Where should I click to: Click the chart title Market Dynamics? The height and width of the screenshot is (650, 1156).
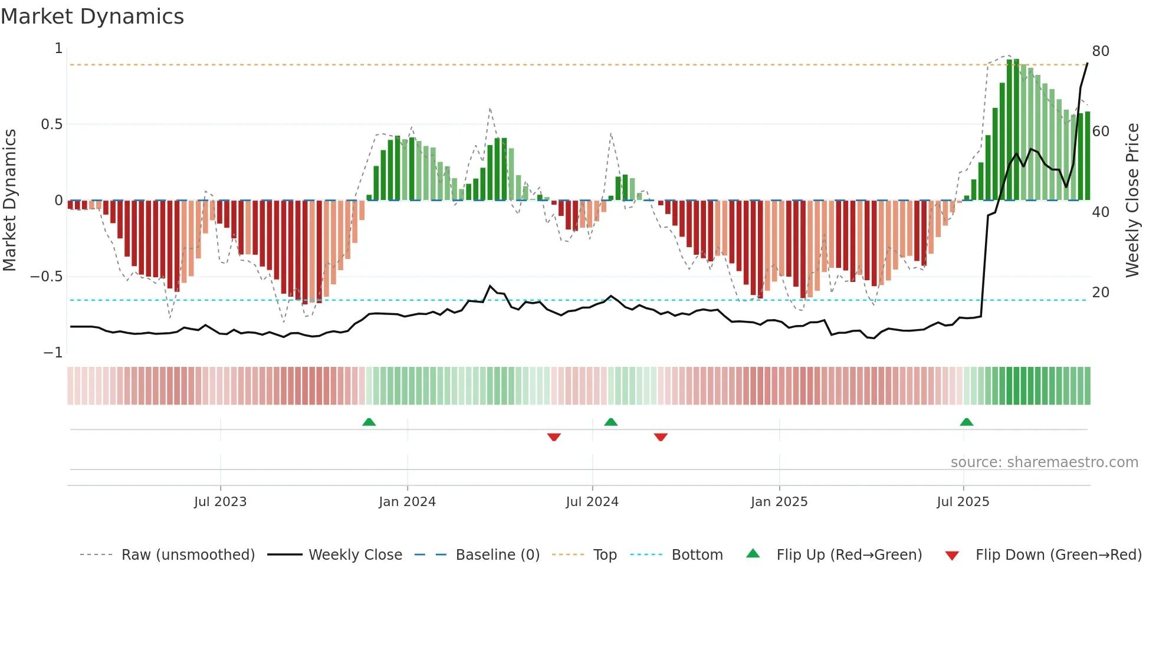[x=92, y=17]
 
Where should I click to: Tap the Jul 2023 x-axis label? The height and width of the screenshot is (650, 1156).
[x=220, y=502]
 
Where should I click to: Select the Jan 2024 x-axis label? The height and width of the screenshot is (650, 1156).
[x=407, y=502]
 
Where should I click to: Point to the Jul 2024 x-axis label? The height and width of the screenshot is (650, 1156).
[x=592, y=502]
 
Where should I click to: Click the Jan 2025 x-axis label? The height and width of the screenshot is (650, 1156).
[x=779, y=502]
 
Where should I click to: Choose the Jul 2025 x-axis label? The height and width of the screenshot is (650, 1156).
[x=963, y=502]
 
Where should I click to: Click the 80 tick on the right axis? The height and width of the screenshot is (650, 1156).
[x=1101, y=51]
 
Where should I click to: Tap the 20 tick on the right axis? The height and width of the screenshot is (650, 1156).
[x=1101, y=293]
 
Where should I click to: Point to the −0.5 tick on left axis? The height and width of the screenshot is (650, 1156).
[x=47, y=277]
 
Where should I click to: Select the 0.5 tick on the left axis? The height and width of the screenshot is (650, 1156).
[x=51, y=124]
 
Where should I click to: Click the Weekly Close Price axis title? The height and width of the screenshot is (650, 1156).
[x=1132, y=201]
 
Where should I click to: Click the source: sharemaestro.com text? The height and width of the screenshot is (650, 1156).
[x=1044, y=462]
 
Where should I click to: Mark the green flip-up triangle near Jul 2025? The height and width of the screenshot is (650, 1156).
[x=966, y=422]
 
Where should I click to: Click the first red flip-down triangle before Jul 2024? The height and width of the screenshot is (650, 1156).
[x=554, y=437]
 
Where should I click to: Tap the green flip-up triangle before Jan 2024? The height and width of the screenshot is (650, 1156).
[x=369, y=422]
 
